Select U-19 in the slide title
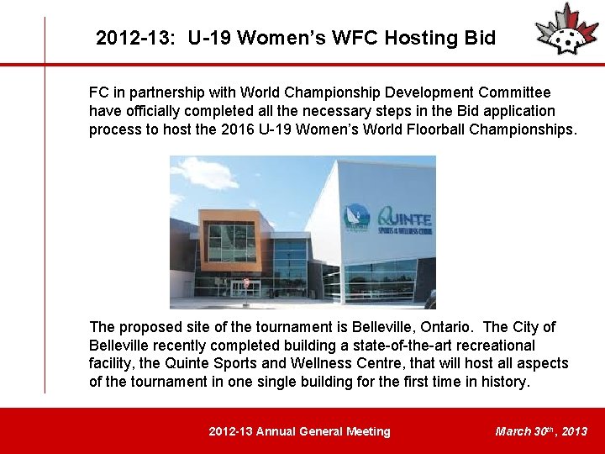click(x=211, y=38)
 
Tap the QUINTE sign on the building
click(x=405, y=218)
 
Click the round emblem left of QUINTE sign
click(x=357, y=217)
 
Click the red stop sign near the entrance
click(x=245, y=282)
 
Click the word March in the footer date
click(x=513, y=431)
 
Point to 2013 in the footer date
click(x=575, y=431)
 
